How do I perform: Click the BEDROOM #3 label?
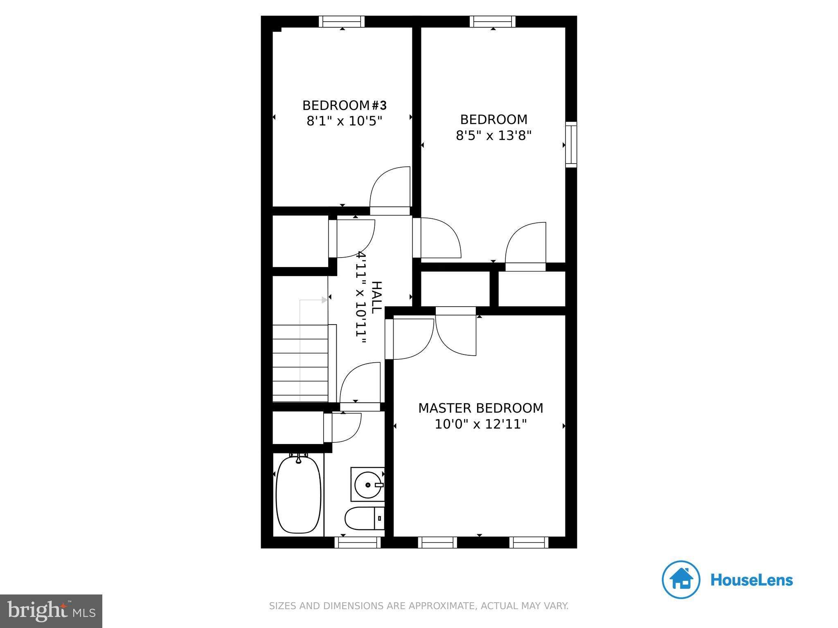pos(344,105)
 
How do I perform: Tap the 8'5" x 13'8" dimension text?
pos(493,135)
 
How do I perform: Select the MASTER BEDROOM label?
pos(480,408)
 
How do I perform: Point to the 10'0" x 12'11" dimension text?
pos(480,424)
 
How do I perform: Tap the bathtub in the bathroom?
pos(299,495)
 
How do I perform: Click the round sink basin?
pos(367,485)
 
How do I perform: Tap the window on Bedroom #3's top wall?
pos(342,21)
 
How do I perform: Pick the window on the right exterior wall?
pos(571,144)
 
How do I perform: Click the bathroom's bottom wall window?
pos(358,543)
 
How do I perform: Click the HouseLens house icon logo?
pos(681,580)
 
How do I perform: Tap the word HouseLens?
pos(751,580)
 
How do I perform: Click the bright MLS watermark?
pos(51,611)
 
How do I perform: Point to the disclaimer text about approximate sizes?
pos(419,606)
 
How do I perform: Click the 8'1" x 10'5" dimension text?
pos(344,121)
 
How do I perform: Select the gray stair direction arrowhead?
pos(324,300)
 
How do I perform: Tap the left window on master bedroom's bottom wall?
pos(437,543)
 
